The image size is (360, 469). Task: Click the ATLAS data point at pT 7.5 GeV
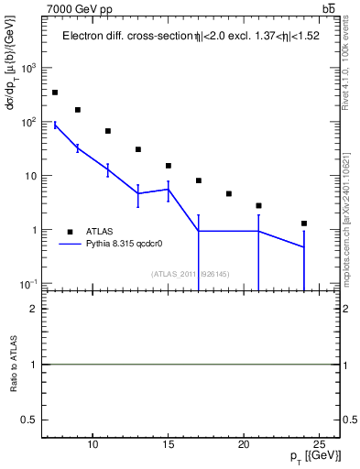pos(55,93)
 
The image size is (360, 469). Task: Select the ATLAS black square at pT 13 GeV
pos(138,149)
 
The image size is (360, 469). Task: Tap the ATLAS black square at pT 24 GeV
pos(304,224)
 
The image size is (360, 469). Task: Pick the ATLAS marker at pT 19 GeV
pos(229,194)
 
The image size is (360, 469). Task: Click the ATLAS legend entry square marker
pos(71,232)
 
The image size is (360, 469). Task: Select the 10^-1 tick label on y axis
pos(30,284)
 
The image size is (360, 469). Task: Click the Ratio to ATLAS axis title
pos(14,364)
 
